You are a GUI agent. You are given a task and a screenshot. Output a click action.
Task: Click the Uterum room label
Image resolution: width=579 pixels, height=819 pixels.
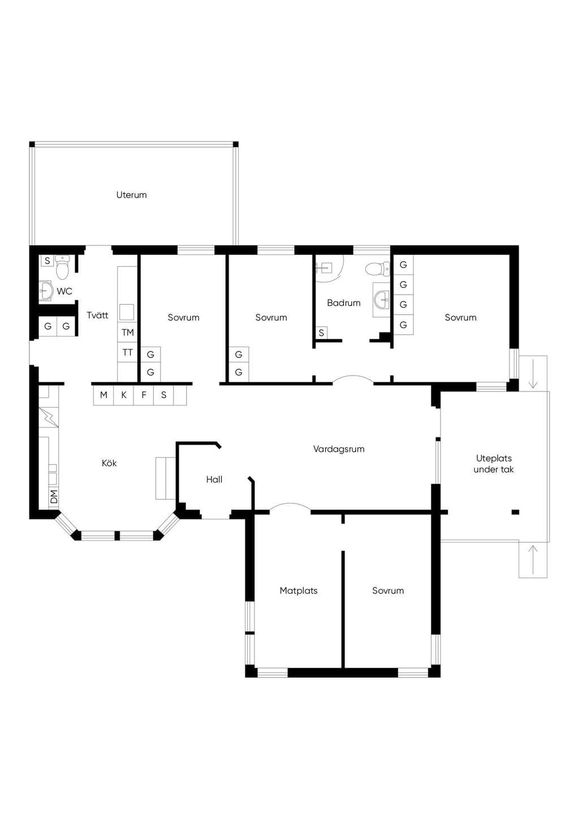pyautogui.click(x=131, y=195)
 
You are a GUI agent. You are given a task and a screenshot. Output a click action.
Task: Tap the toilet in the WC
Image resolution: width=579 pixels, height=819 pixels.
pyautogui.click(x=62, y=267)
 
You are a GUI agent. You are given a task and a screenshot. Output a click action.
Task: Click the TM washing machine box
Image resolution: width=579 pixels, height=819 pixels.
pyautogui.click(x=128, y=333)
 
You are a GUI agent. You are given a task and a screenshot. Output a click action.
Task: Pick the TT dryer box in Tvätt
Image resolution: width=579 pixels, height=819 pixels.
pyautogui.click(x=128, y=352)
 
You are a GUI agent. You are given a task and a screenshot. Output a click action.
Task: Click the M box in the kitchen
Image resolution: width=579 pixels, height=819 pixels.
pyautogui.click(x=104, y=395)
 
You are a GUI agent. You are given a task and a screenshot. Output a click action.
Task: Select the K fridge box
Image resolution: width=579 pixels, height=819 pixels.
pyautogui.click(x=124, y=395)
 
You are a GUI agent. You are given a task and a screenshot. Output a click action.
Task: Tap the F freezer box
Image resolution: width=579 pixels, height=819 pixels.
pyautogui.click(x=144, y=395)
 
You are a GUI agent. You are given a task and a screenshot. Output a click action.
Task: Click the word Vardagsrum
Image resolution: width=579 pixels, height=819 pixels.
pyautogui.click(x=339, y=449)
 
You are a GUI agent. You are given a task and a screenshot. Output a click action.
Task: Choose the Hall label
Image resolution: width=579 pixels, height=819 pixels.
pyautogui.click(x=214, y=479)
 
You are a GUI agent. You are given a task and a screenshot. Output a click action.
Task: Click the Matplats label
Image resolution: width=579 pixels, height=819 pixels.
pyautogui.click(x=299, y=590)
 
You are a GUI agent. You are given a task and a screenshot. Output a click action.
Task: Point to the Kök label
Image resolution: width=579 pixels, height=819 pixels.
pyautogui.click(x=109, y=463)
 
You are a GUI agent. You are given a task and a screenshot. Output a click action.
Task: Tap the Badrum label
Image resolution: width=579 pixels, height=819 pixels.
pyautogui.click(x=344, y=303)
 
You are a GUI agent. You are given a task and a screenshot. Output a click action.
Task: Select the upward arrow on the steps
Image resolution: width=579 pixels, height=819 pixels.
pyautogui.click(x=533, y=560)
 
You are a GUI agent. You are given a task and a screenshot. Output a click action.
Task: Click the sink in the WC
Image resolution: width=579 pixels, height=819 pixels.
pyautogui.click(x=46, y=291)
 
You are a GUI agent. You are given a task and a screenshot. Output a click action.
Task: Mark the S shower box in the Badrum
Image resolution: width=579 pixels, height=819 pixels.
pyautogui.click(x=321, y=333)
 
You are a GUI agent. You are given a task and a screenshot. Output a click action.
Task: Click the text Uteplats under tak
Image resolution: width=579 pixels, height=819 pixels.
pyautogui.click(x=494, y=464)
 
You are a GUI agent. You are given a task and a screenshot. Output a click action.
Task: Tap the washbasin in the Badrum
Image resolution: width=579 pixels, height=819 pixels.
pyautogui.click(x=382, y=299)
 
